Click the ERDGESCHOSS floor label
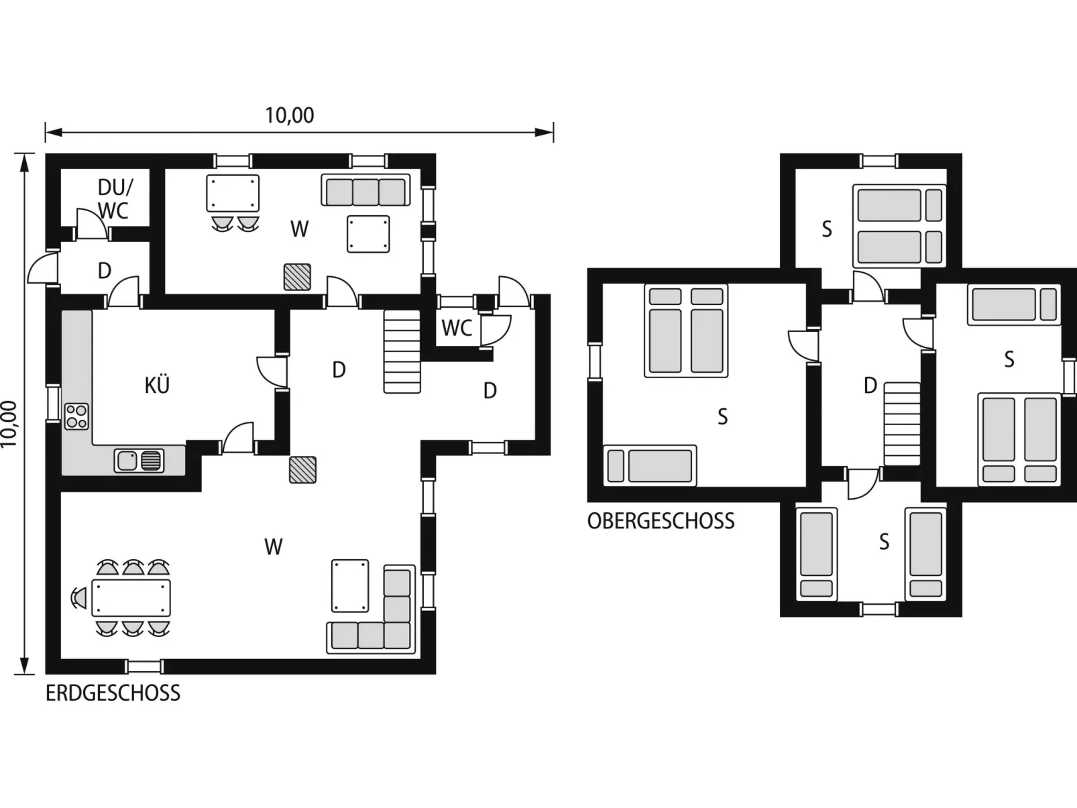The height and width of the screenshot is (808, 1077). pyautogui.click(x=113, y=693)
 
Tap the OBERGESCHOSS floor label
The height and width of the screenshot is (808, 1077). pyautogui.click(x=661, y=521)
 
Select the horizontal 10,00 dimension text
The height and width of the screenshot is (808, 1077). pyautogui.click(x=290, y=115)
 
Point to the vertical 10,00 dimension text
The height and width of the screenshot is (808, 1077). pyautogui.click(x=9, y=424)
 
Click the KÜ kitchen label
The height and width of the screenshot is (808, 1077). pyautogui.click(x=157, y=385)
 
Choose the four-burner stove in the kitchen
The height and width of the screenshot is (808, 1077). pyautogui.click(x=76, y=416)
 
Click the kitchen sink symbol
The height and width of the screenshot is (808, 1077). pyautogui.click(x=139, y=461)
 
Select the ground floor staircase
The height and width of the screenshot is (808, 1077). pyautogui.click(x=402, y=352)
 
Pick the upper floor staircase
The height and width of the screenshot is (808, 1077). pyautogui.click(x=902, y=424)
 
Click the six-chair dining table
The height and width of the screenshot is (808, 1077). pyautogui.click(x=131, y=597)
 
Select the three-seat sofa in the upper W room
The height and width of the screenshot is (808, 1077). pyautogui.click(x=365, y=190)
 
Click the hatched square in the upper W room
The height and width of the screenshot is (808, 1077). pyautogui.click(x=297, y=277)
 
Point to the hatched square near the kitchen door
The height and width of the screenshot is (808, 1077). pyautogui.click(x=302, y=470)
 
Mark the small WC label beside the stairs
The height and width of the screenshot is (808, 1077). pyautogui.click(x=456, y=328)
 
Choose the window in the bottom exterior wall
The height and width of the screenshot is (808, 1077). pyautogui.click(x=145, y=667)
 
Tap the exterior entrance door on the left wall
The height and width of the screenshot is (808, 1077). pyautogui.click(x=43, y=268)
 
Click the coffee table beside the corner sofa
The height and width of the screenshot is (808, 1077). pyautogui.click(x=350, y=586)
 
